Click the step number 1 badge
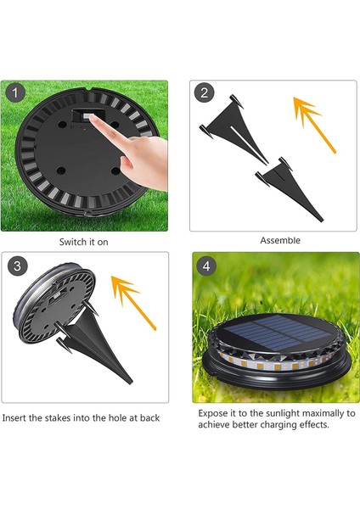[15, 93]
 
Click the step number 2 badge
[204, 93]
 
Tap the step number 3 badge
[17, 266]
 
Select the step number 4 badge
[206, 266]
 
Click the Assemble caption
[280, 241]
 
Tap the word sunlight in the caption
[282, 414]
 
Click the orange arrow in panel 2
[314, 125]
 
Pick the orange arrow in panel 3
[133, 303]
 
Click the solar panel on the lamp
[272, 332]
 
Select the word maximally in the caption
[322, 414]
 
